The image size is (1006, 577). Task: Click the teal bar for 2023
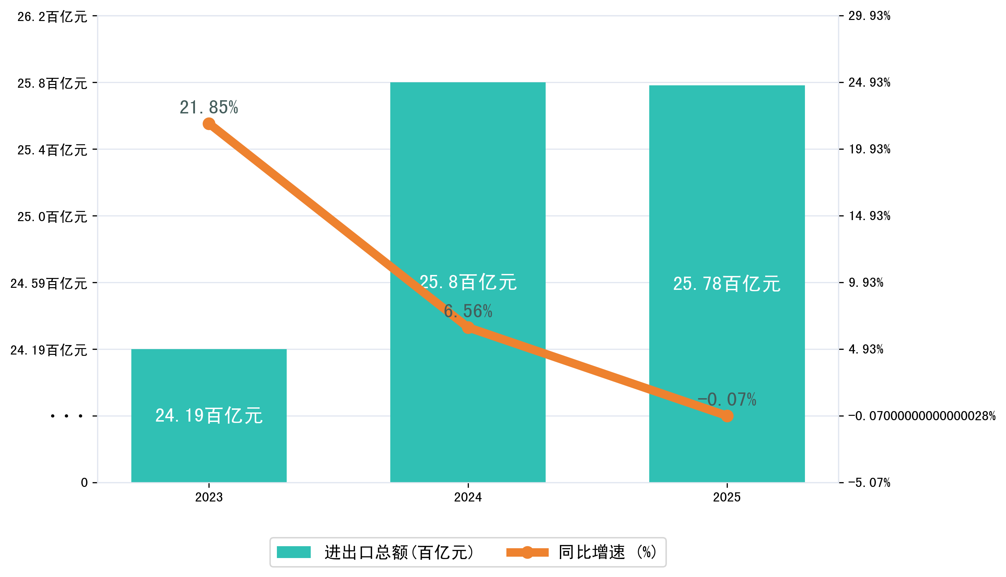(209, 448)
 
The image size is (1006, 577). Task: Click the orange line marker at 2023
(209, 124)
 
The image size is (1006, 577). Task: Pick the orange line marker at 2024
(468, 328)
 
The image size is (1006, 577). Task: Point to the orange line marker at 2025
(727, 416)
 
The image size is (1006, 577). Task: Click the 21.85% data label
(209, 107)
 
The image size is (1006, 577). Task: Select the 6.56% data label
(468, 311)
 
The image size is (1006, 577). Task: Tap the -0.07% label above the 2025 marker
(727, 400)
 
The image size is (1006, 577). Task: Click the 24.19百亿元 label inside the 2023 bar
(209, 416)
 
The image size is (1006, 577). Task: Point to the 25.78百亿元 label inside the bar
(727, 284)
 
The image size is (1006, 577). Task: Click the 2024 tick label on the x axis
(468, 497)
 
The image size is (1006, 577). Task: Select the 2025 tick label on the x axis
(727, 497)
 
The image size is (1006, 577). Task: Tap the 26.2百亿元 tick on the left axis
(52, 17)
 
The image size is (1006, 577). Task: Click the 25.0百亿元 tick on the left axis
(52, 216)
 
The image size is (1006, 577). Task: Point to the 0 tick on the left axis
(84, 483)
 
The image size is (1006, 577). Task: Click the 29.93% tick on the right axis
(869, 16)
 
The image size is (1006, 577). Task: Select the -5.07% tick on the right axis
(869, 483)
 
